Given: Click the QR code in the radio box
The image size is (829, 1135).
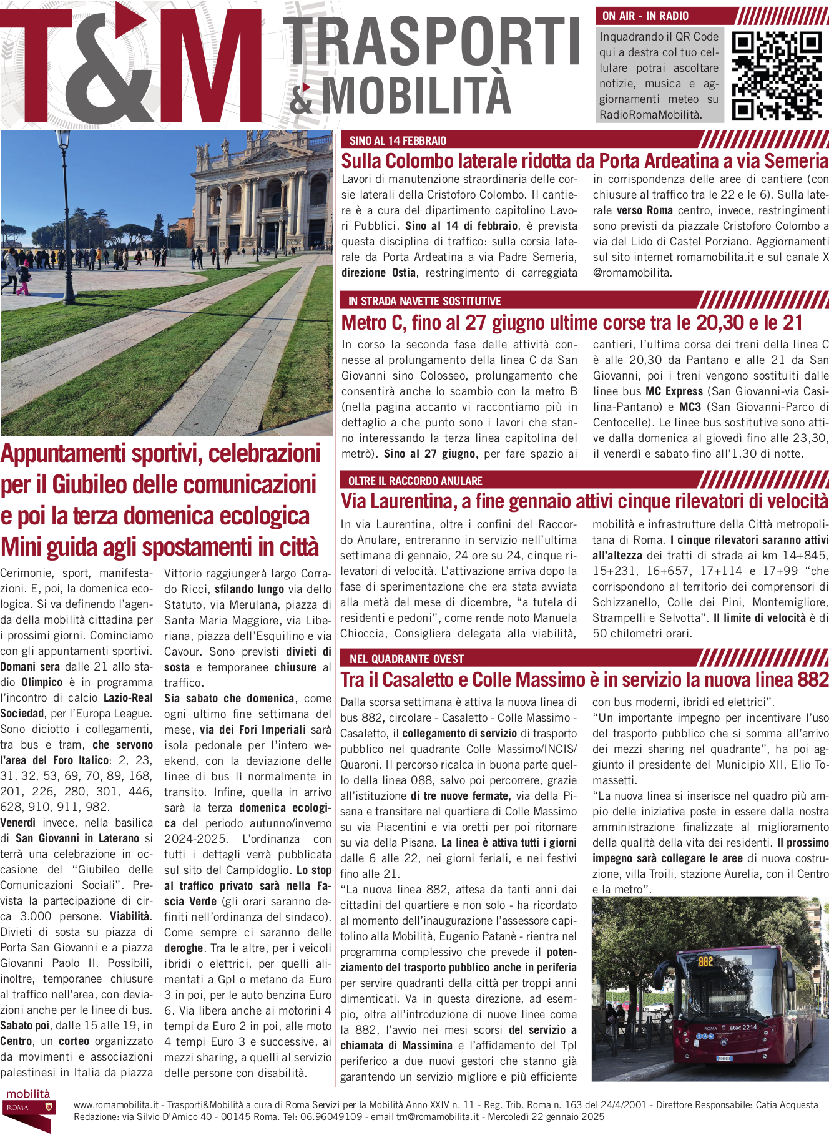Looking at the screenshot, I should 777,76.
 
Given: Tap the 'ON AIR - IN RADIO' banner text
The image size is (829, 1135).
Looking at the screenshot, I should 645,16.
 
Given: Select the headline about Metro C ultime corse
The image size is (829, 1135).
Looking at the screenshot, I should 572,323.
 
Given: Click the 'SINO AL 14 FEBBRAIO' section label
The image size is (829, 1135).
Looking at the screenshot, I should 398,140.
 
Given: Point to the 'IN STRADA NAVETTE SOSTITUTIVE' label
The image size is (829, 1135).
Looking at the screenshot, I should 424,301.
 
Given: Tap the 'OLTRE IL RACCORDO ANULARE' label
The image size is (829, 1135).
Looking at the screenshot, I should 415,481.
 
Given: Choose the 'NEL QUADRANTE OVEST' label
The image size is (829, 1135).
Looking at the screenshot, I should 406,659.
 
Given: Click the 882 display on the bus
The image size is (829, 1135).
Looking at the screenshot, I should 705,961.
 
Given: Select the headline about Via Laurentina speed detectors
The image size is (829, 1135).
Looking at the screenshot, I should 584,501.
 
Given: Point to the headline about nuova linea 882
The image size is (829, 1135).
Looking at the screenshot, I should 584,679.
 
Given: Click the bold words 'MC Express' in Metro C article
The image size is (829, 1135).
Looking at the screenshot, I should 674,391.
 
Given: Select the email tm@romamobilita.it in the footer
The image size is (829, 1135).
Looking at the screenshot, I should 437,1117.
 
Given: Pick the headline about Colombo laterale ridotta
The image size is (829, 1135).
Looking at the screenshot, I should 584,161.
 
